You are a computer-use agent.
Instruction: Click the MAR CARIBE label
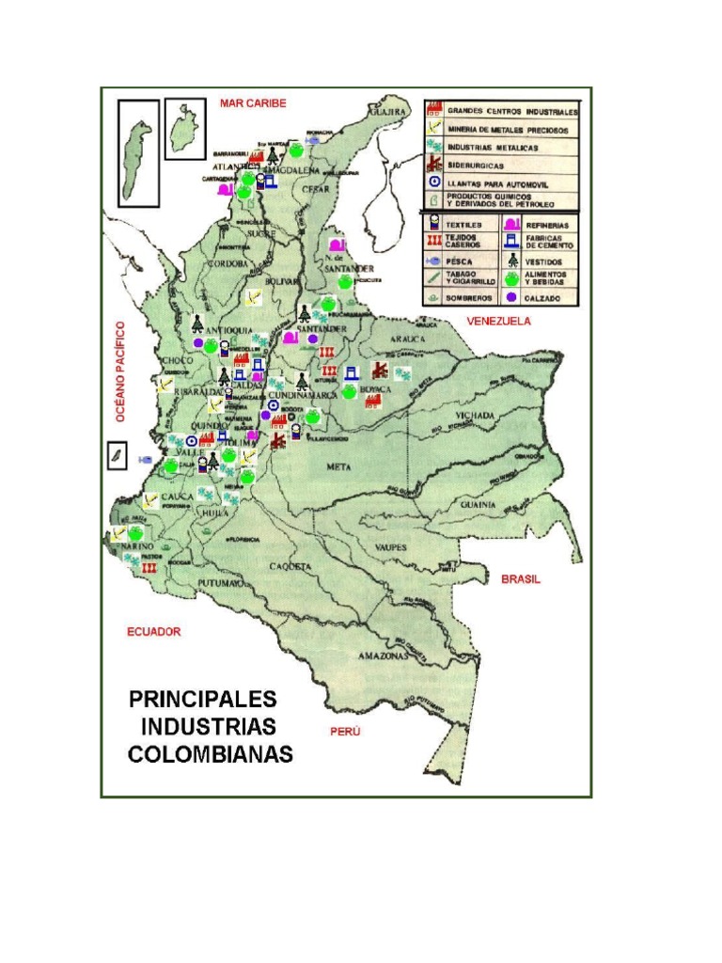[x=253, y=103]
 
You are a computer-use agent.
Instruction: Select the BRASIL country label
[x=520, y=579]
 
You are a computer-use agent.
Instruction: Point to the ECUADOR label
[x=154, y=632]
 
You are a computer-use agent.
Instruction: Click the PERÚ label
[x=345, y=731]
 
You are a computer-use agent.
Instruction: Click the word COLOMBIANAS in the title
[x=211, y=754]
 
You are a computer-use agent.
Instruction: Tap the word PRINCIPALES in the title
[x=203, y=700]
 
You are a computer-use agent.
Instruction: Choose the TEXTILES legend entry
[x=464, y=226]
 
